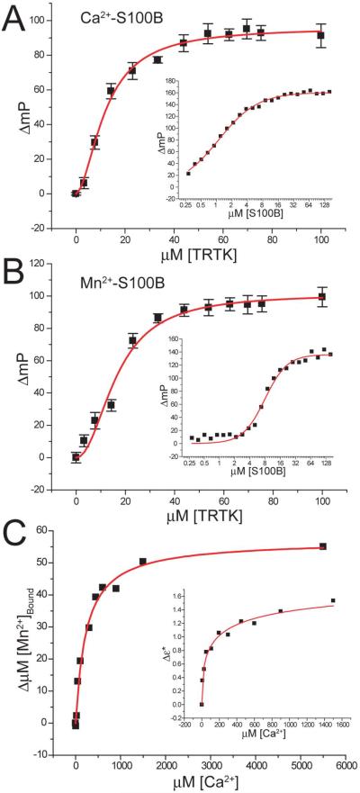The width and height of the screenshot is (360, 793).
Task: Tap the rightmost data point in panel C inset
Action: tap(333, 600)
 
